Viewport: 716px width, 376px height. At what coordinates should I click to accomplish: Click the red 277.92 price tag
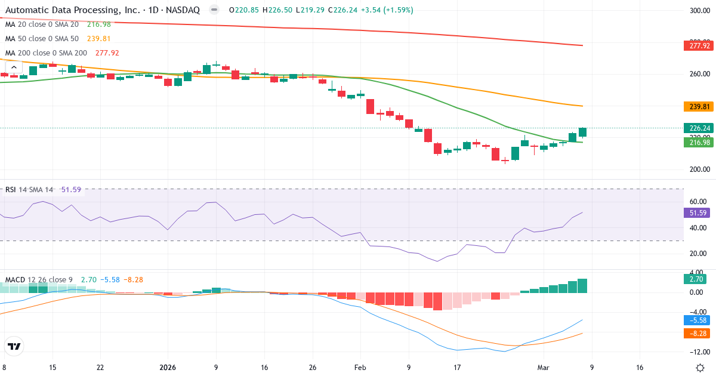coord(699,46)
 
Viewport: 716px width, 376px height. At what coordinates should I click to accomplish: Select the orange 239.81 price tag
coord(699,107)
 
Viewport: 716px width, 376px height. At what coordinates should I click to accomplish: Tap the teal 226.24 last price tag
coord(699,128)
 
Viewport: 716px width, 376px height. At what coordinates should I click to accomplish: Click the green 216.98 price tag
coord(699,142)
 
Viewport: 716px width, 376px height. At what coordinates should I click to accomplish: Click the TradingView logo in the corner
coord(14,346)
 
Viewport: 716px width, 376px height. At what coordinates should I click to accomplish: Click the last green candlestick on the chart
coord(582,132)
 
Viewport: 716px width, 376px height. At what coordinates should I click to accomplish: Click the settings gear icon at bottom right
coord(702,368)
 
